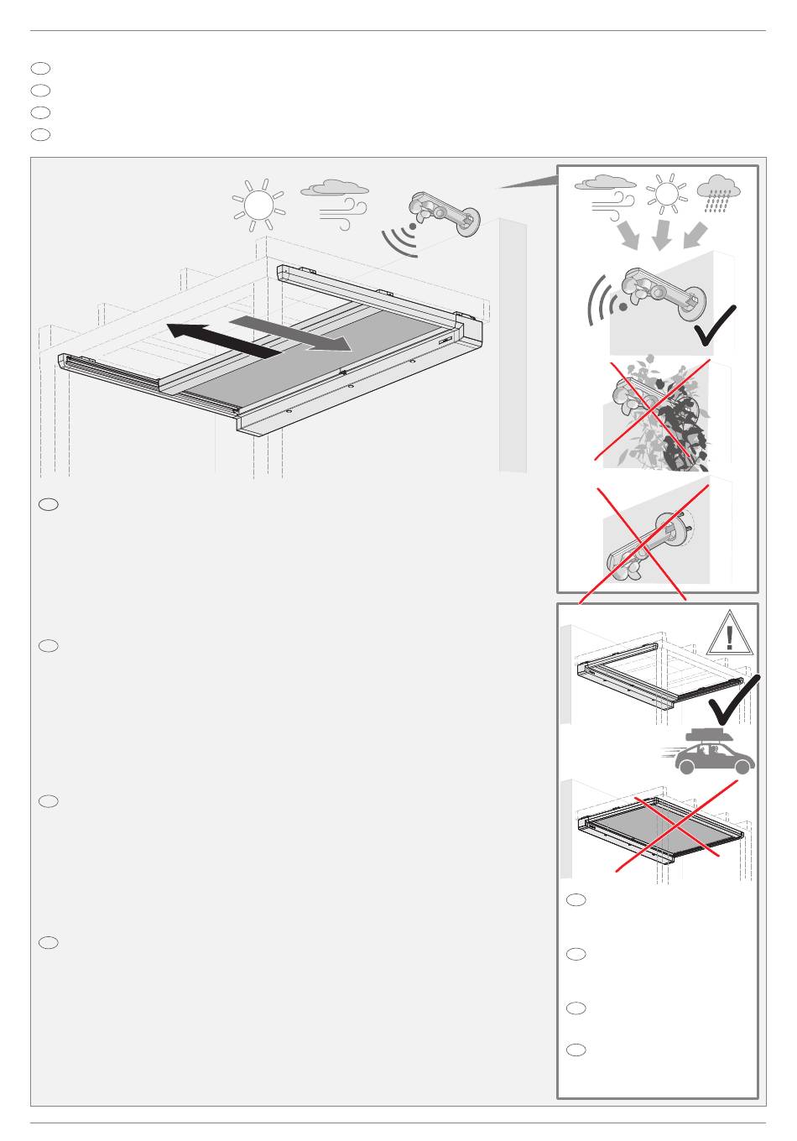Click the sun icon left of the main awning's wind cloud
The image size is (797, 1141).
(x=258, y=204)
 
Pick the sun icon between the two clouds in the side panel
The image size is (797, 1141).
(x=666, y=195)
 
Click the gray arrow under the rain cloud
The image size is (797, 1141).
(x=695, y=235)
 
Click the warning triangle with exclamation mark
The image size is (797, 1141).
(x=728, y=633)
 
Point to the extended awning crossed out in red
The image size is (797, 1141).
(x=662, y=831)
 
